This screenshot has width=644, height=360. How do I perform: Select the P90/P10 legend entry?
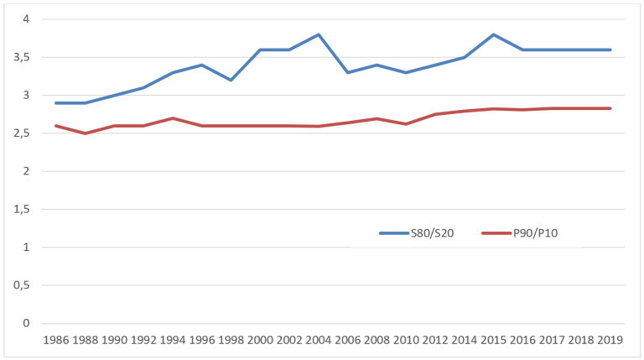tap(520, 233)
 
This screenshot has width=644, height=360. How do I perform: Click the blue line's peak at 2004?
tap(319, 34)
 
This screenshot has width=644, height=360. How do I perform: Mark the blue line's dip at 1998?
tap(231, 80)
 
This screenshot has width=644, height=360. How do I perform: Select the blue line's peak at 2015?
tap(493, 34)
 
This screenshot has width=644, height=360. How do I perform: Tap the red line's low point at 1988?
tap(86, 133)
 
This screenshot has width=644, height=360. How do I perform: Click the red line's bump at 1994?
tap(173, 118)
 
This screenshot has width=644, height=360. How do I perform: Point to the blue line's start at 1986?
tap(56, 103)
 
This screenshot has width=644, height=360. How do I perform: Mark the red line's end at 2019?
tap(610, 108)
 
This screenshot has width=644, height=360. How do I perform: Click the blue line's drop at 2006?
tap(348, 72)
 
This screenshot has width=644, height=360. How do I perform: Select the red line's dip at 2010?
tap(406, 123)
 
